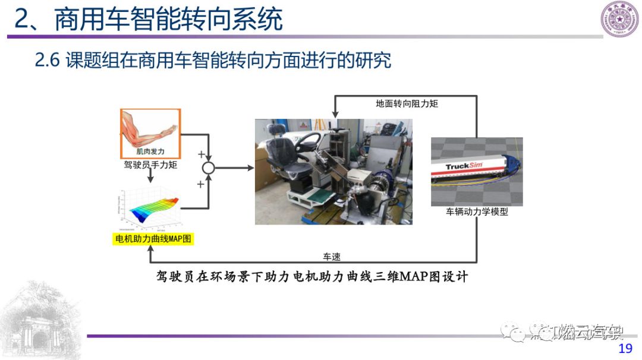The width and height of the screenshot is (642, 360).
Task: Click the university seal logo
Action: [x=618, y=19]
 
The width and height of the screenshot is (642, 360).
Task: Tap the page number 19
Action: [x=625, y=349]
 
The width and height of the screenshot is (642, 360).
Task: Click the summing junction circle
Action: [x=208, y=168]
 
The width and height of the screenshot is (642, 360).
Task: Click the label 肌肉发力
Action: [x=150, y=151]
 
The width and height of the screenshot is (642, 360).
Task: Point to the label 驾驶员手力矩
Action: [x=150, y=165]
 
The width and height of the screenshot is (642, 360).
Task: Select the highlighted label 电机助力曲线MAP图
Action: [x=153, y=239]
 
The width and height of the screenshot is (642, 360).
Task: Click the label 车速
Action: [x=331, y=257]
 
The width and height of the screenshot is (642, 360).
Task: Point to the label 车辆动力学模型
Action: [x=477, y=211]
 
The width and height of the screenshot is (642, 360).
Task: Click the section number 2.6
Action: [x=48, y=60]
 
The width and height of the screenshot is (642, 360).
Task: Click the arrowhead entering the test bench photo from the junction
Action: [x=250, y=168]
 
